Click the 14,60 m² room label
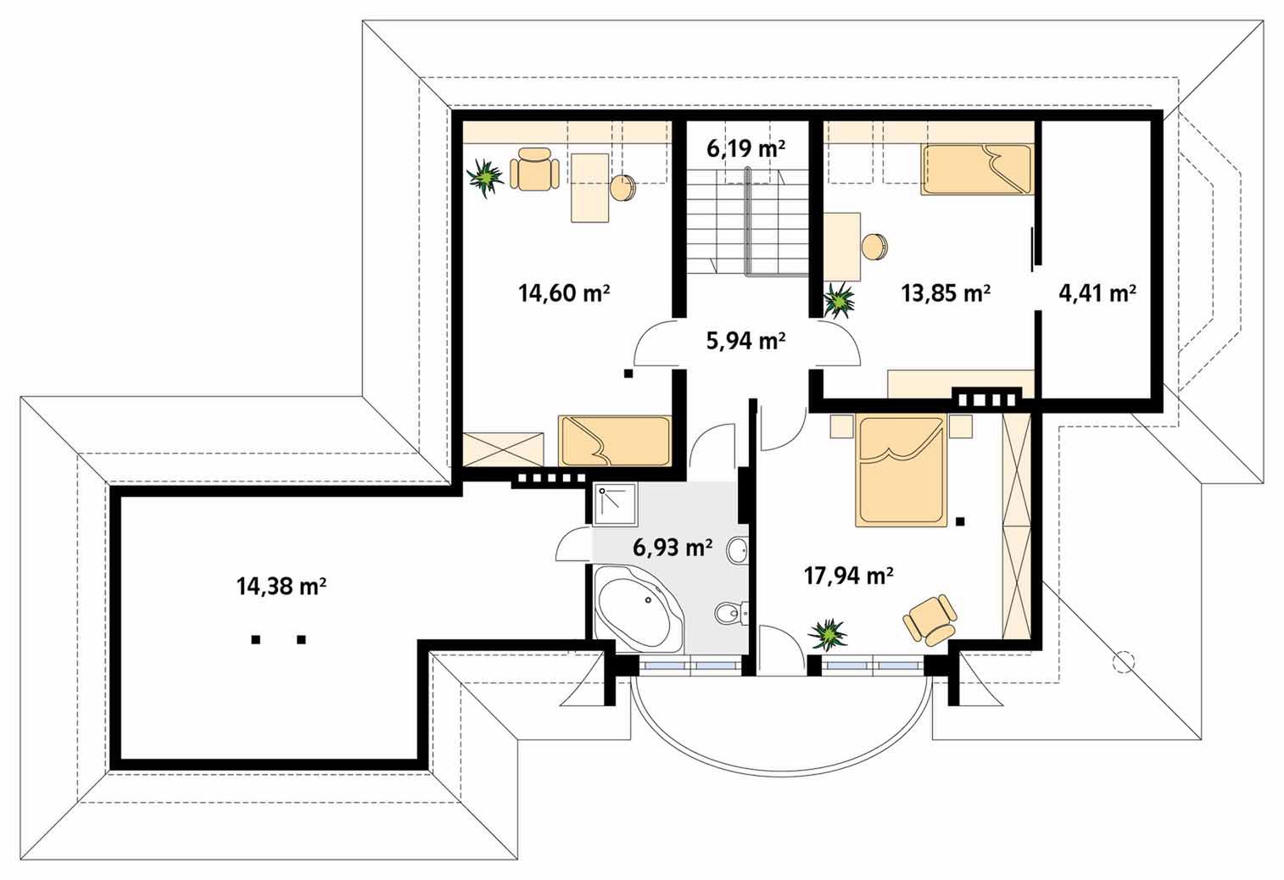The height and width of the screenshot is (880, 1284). coord(564,293)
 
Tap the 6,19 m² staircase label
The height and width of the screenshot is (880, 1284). coord(745,148)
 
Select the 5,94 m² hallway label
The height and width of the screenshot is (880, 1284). coord(745,341)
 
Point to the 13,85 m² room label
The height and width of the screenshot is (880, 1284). coord(946,293)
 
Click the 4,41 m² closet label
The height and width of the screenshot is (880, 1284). coord(1097,293)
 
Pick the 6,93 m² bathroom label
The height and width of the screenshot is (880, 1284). coord(673,548)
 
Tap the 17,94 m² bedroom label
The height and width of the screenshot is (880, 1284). coord(848,575)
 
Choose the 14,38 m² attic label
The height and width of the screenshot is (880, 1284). coord(282,586)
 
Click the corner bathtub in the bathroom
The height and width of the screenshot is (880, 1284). coord(638,610)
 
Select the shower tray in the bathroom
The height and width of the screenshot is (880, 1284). coord(616,504)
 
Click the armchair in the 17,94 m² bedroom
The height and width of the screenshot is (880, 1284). coord(930,621)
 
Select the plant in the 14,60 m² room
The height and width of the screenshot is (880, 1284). coord(486,178)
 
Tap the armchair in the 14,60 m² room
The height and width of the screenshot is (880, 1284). coord(535,169)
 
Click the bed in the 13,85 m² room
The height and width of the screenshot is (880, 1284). coord(976,170)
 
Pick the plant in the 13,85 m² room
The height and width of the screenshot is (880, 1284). coord(840,299)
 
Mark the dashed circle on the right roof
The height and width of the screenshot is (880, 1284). coord(1123,662)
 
